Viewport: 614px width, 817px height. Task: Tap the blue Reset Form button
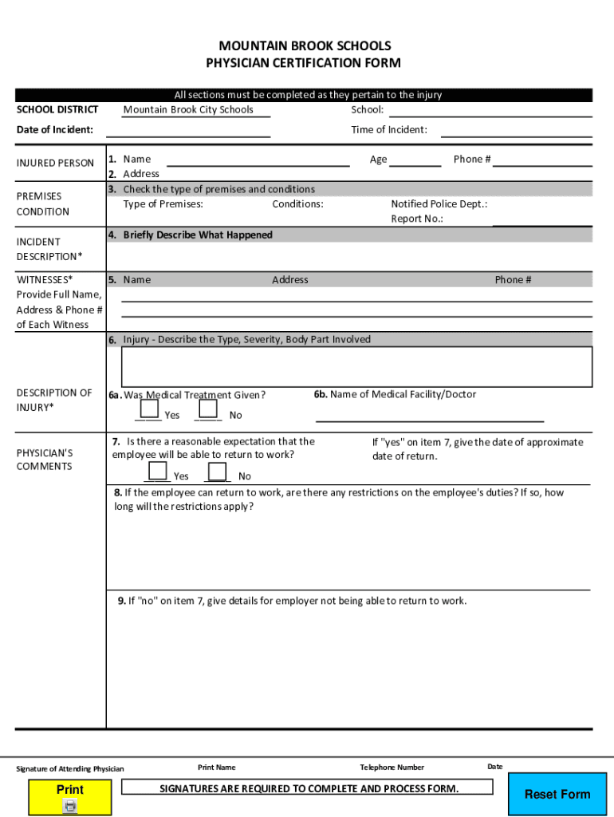click(557, 794)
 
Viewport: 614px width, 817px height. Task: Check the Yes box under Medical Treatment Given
click(148, 408)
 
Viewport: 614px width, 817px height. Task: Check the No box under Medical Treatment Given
click(209, 408)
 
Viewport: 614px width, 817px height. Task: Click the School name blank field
click(490, 110)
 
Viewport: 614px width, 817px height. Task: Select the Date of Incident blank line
click(188, 130)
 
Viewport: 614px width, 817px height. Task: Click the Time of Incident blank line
click(516, 130)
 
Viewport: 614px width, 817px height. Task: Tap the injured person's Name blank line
click(258, 160)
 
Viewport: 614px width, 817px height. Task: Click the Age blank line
click(415, 160)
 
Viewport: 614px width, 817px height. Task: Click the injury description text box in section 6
click(356, 367)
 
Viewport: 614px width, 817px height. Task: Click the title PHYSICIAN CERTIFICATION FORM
click(304, 63)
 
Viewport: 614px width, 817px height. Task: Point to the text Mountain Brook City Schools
click(188, 110)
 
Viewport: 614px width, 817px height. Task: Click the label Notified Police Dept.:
click(439, 204)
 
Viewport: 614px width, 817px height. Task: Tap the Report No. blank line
click(541, 219)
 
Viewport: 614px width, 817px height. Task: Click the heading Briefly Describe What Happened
click(198, 235)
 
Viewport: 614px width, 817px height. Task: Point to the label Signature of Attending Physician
click(70, 769)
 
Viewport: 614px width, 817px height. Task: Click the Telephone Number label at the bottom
click(392, 768)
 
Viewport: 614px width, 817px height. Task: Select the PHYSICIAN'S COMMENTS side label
click(45, 460)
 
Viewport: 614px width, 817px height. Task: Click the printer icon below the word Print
click(70, 807)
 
